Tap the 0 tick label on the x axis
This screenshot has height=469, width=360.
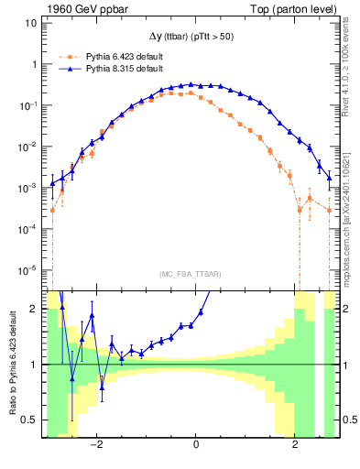click(x=196, y=445)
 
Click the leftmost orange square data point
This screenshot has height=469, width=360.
click(x=52, y=210)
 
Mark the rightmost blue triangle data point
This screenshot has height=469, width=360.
click(x=330, y=177)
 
